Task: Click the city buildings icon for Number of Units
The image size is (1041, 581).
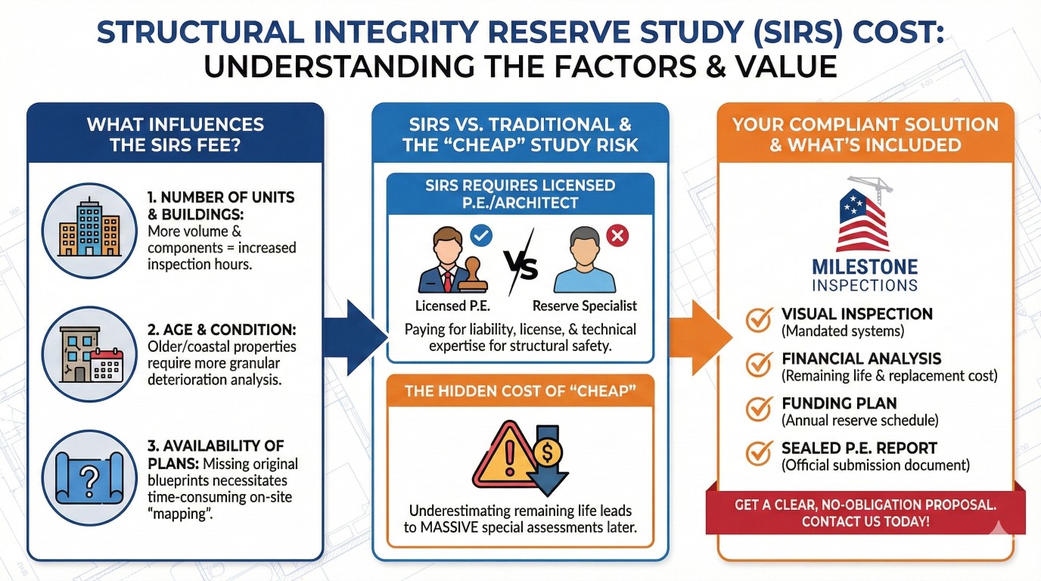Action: coord(89,228)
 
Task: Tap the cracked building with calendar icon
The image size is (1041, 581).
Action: coord(91,354)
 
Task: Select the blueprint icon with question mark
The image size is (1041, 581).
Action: coord(89,478)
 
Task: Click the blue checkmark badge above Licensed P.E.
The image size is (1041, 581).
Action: coord(481,235)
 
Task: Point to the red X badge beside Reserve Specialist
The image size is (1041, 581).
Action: coord(617,235)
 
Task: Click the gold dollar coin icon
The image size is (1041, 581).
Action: coord(548,452)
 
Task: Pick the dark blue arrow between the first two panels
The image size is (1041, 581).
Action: coord(355,337)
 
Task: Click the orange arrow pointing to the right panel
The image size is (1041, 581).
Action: coord(701,337)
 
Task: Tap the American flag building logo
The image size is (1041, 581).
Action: coord(864,217)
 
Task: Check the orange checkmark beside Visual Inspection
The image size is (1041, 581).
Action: coord(759,320)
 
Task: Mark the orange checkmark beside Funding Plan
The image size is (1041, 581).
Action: coord(759,409)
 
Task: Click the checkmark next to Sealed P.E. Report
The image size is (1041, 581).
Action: coord(759,454)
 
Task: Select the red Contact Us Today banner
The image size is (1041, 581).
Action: coord(865,512)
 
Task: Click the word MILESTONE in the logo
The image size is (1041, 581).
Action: coord(865,267)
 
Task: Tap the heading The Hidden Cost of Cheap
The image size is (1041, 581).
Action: coord(520,391)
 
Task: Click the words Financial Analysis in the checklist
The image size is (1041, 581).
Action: coord(861,359)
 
